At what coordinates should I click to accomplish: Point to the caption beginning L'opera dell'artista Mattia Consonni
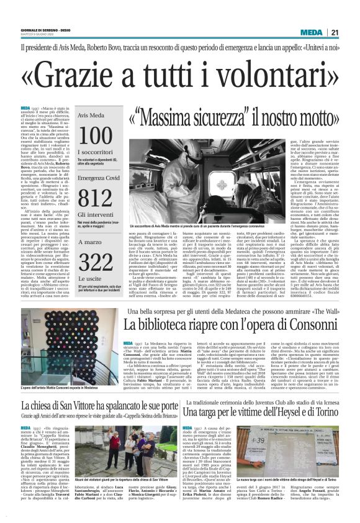point(59,388)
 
